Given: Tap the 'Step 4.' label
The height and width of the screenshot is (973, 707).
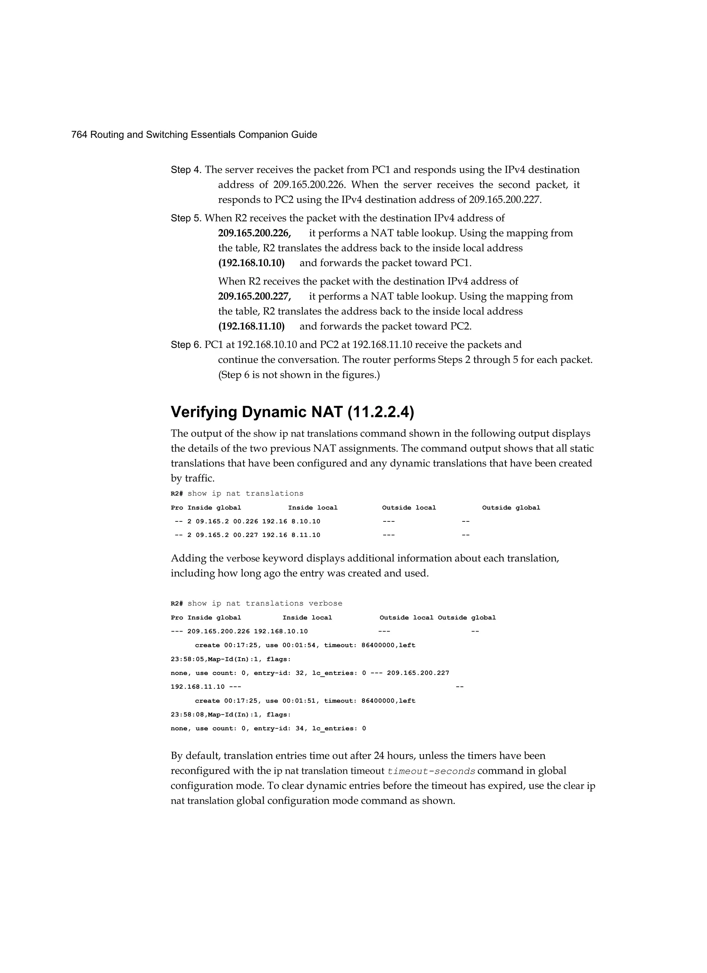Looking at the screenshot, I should pyautogui.click(x=186, y=170).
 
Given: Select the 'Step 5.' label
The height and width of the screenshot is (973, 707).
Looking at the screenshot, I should pyautogui.click(x=186, y=218).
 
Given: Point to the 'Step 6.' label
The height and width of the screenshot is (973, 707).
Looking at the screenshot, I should pyautogui.click(x=186, y=345).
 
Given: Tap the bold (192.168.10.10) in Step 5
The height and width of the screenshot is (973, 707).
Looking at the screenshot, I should pyautogui.click(x=251, y=263).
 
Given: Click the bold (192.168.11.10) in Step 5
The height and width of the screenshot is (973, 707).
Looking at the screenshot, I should pyautogui.click(x=251, y=327).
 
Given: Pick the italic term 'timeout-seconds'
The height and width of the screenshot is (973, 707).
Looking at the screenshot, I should pyautogui.click(x=431, y=771).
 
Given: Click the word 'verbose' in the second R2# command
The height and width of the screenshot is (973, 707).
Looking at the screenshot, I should pyautogui.click(x=325, y=604).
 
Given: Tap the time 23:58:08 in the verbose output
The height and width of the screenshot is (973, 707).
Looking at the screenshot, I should pyautogui.click(x=187, y=715).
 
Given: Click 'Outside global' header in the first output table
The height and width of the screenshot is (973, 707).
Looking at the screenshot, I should pyautogui.click(x=511, y=508).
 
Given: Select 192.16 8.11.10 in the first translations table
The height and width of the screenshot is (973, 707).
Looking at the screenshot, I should pyautogui.click(x=291, y=535).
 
